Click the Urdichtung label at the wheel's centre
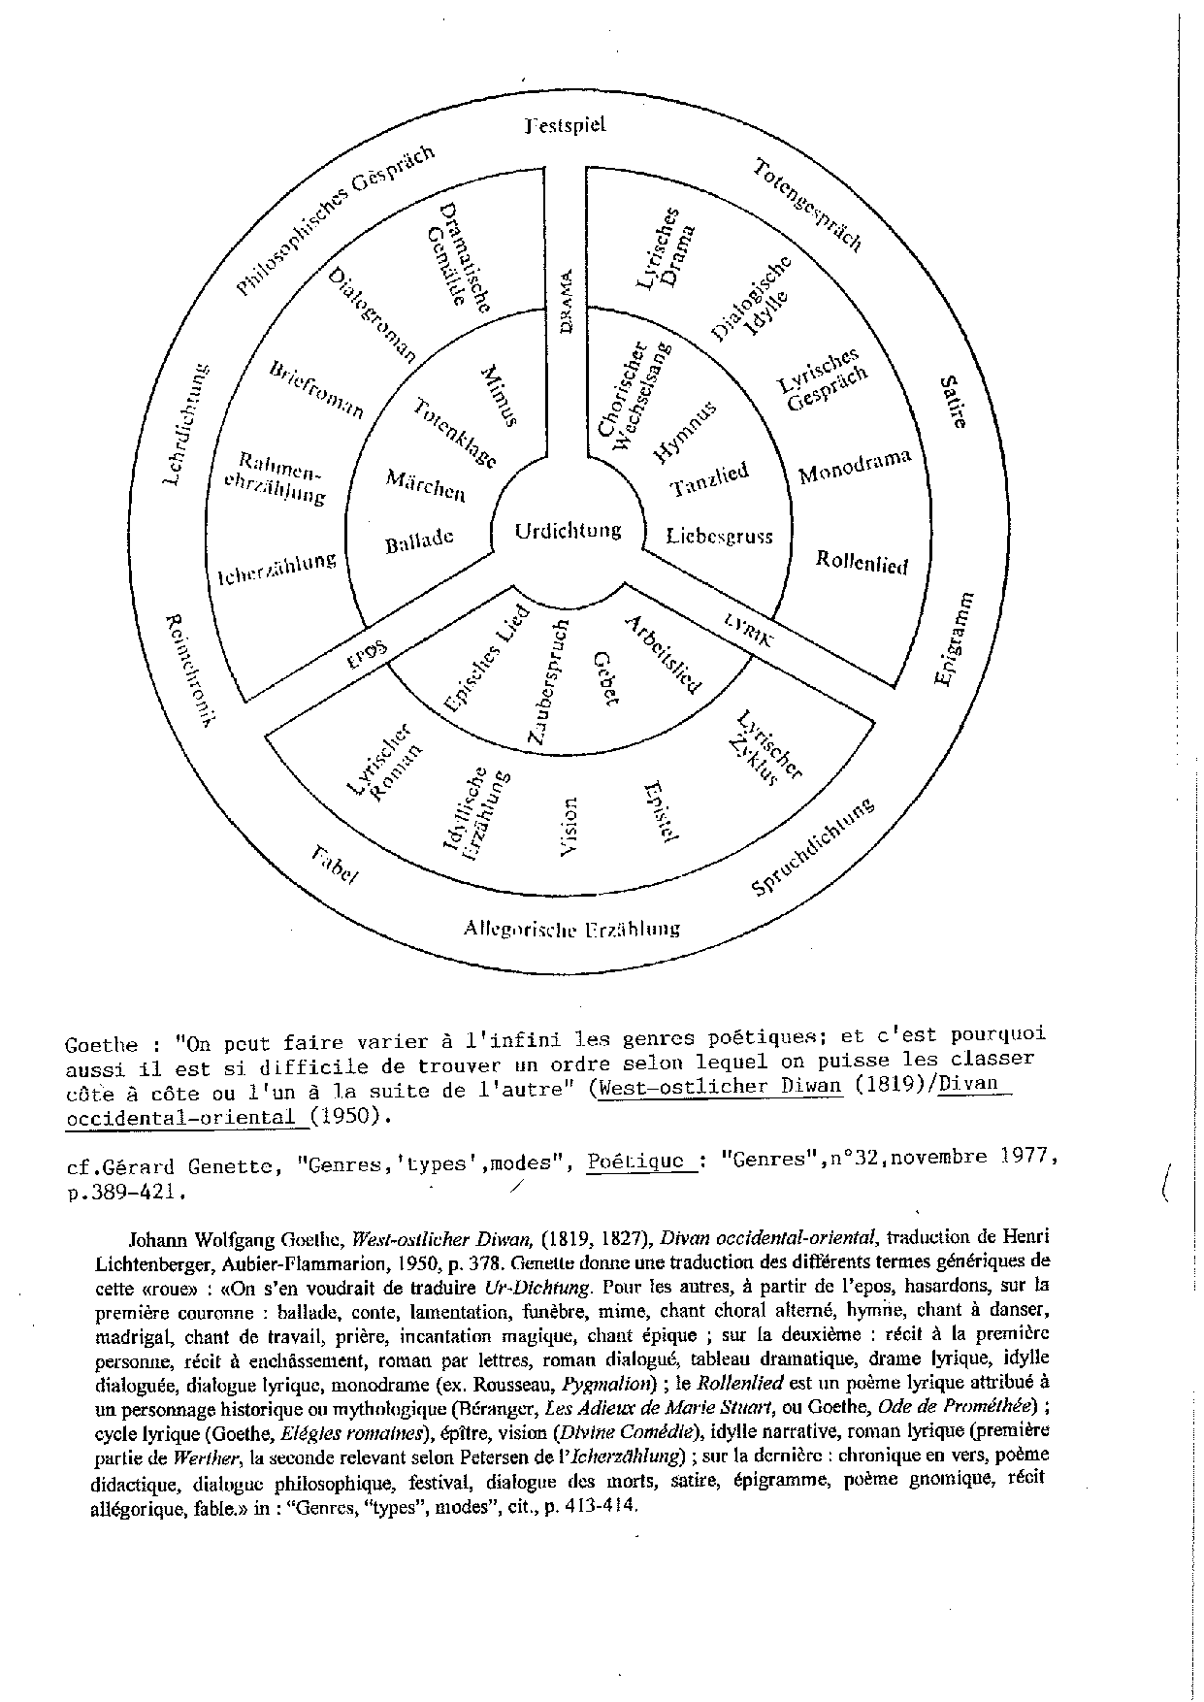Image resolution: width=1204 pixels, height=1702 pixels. tap(568, 531)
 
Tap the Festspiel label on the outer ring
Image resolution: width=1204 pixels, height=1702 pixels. tap(565, 125)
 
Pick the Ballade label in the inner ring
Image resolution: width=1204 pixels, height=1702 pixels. tap(419, 540)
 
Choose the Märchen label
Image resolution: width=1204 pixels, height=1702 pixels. tap(425, 484)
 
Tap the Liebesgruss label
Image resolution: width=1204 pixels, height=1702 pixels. tap(719, 535)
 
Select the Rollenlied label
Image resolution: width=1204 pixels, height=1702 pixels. tap(862, 561)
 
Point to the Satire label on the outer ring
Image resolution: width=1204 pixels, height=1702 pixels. tap(953, 402)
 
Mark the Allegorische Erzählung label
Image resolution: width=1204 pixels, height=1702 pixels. tap(571, 929)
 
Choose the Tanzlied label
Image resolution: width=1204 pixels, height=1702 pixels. tap(710, 479)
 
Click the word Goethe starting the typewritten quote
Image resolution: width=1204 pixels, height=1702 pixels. tap(99, 1045)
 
